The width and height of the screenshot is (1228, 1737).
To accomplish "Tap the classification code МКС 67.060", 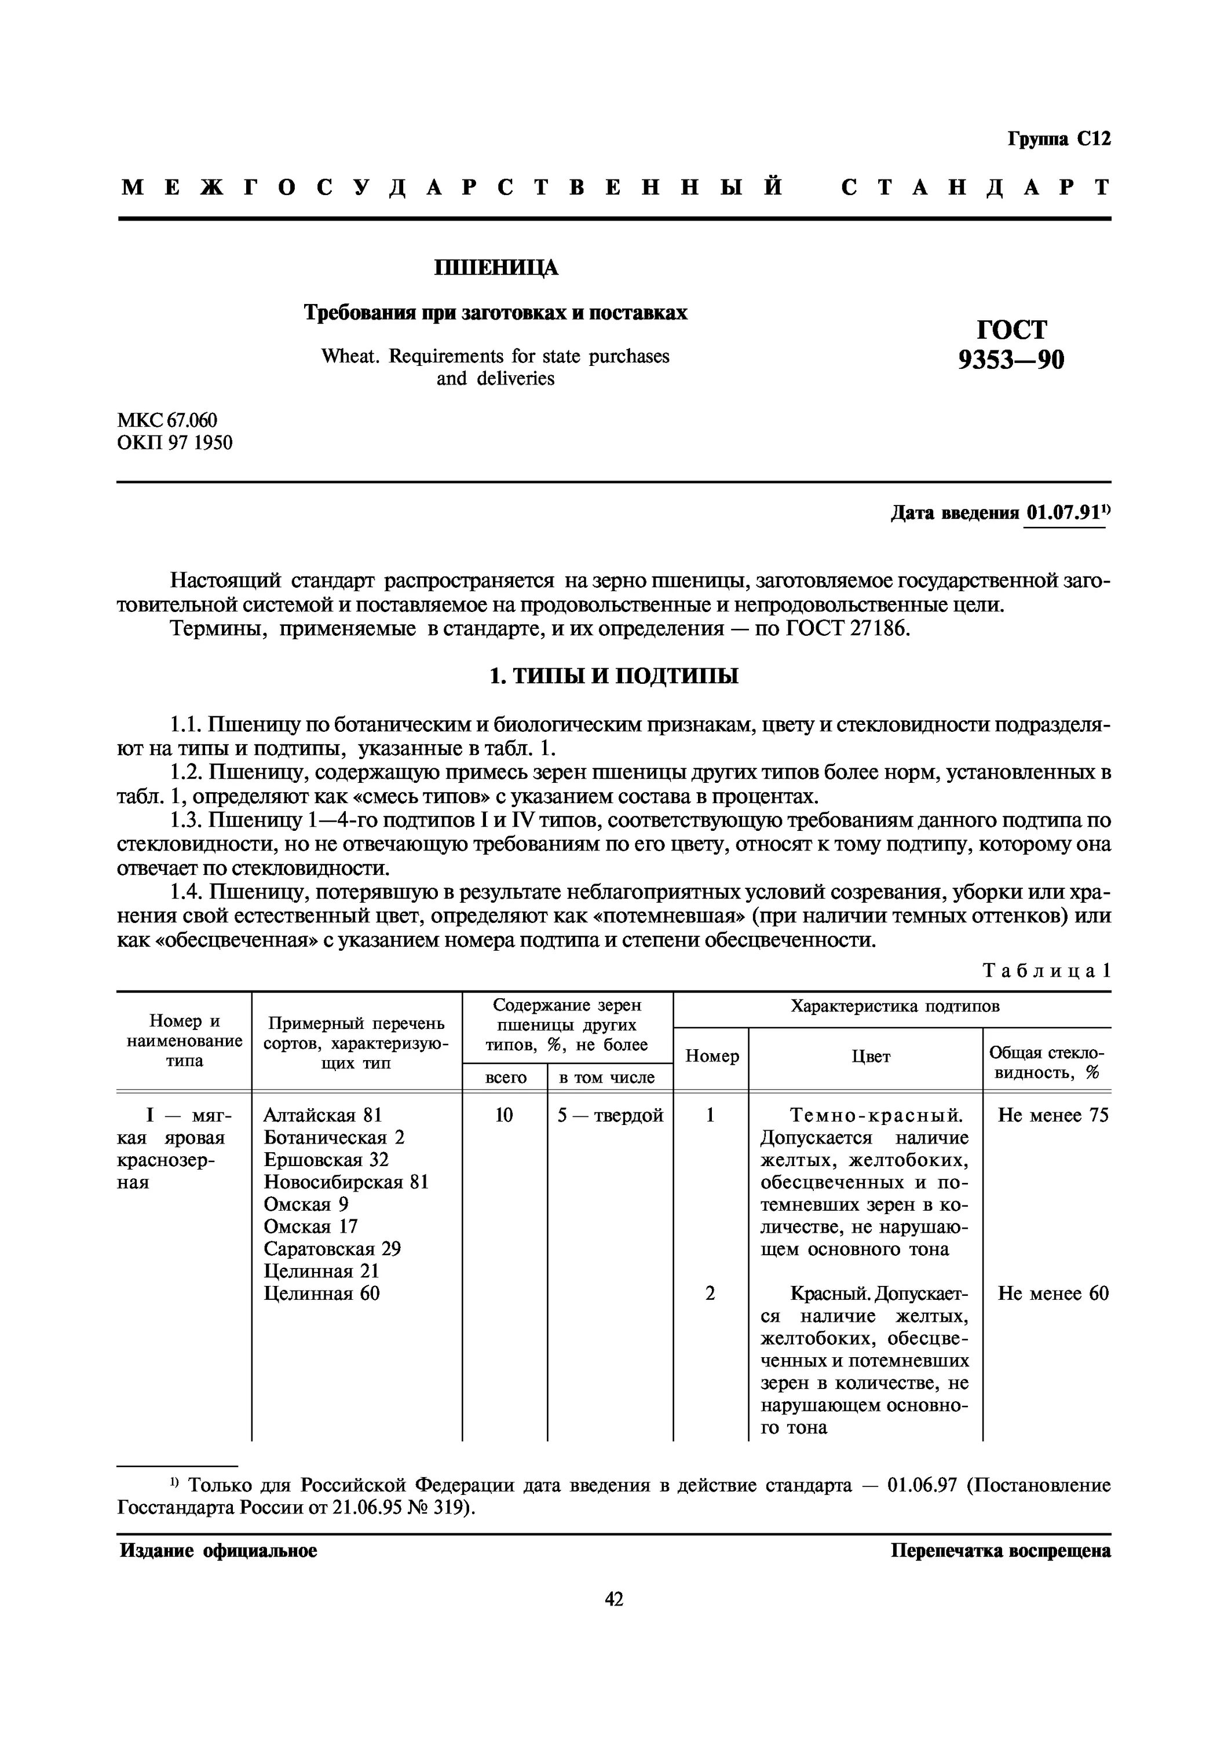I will [166, 420].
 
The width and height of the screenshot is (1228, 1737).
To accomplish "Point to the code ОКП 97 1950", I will [175, 442].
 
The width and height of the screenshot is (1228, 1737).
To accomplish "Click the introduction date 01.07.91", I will [1063, 513].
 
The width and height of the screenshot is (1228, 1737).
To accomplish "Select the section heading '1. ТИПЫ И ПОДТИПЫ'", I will [613, 676].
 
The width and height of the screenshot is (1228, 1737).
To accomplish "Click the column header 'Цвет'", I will [870, 1056].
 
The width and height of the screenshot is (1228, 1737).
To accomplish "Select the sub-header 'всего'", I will [505, 1078].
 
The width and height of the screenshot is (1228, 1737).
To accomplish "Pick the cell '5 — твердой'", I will [610, 1115].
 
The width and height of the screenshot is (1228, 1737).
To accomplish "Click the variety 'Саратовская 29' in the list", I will [332, 1249].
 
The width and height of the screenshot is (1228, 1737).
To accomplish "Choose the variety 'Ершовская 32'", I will [326, 1160].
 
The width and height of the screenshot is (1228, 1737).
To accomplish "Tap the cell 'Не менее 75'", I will [1052, 1115].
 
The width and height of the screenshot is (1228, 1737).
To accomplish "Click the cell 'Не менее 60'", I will [1052, 1293].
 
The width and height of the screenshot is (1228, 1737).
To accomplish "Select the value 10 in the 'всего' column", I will [503, 1115].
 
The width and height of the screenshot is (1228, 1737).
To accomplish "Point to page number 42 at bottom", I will [613, 1599].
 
